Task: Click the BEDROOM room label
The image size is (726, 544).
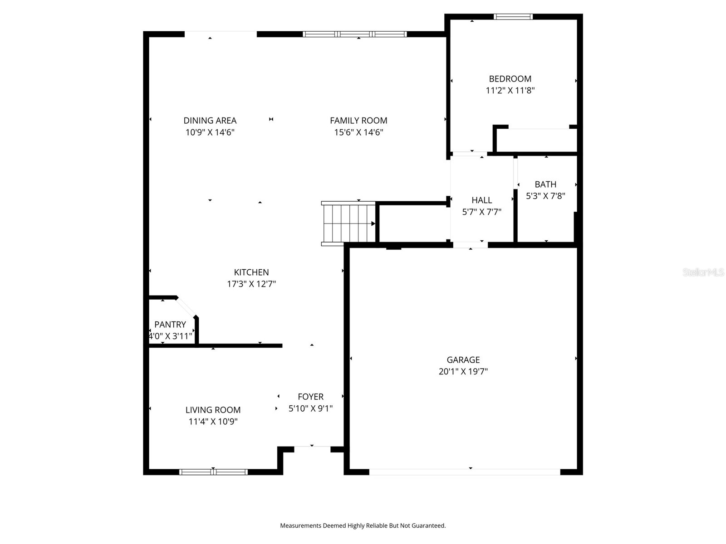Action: pyautogui.click(x=510, y=79)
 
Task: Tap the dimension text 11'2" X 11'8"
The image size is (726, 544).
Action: pyautogui.click(x=510, y=91)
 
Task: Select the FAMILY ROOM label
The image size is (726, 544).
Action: pyautogui.click(x=358, y=121)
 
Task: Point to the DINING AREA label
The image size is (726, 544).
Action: pyautogui.click(x=210, y=121)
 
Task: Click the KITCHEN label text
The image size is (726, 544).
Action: pyautogui.click(x=251, y=272)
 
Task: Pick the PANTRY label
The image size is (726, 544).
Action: pyautogui.click(x=170, y=325)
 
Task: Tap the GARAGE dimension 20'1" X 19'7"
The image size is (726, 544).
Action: pyautogui.click(x=463, y=372)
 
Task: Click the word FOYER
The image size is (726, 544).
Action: pyautogui.click(x=311, y=397)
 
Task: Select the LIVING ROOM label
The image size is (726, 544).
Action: pyautogui.click(x=213, y=410)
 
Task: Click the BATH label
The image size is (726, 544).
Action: pyautogui.click(x=545, y=185)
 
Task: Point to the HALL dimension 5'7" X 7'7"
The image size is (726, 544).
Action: pyautogui.click(x=481, y=212)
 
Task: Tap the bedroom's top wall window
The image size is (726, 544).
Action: pyautogui.click(x=513, y=17)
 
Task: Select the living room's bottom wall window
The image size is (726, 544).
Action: pyautogui.click(x=213, y=472)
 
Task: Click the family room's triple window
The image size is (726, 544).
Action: pyautogui.click(x=355, y=34)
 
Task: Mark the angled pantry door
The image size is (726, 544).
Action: pyautogui.click(x=186, y=307)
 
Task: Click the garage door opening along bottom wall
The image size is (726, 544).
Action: pyautogui.click(x=465, y=472)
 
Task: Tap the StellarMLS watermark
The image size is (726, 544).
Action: pyautogui.click(x=703, y=272)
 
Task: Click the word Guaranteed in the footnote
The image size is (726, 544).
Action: pyautogui.click(x=428, y=526)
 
